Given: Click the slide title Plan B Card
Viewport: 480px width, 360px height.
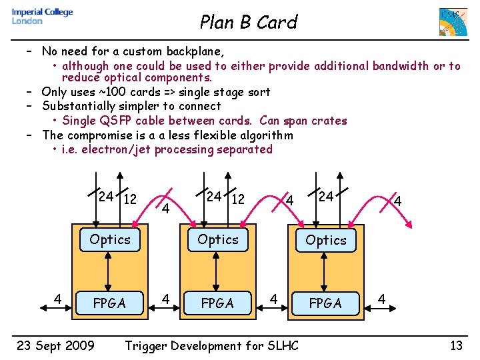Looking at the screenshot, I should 248,23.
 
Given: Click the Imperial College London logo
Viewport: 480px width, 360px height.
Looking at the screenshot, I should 42,17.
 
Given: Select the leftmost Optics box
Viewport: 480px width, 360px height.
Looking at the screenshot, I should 110,239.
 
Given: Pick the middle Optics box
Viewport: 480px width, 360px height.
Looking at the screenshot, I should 218,239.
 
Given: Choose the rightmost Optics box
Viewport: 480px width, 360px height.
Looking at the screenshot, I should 326,240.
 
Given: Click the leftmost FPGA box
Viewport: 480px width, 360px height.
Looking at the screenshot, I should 110,303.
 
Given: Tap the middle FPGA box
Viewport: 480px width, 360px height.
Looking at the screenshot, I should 218,303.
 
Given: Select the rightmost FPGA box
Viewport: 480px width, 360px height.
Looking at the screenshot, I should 326,303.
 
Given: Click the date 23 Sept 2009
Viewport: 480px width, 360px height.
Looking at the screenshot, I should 55,345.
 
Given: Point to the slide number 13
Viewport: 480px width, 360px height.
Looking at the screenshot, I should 456,345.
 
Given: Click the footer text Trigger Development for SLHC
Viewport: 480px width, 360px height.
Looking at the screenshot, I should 212,345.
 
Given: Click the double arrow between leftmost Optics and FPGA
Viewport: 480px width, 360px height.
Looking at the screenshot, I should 110,271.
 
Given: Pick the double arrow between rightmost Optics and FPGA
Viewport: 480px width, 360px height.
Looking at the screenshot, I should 325,272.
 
